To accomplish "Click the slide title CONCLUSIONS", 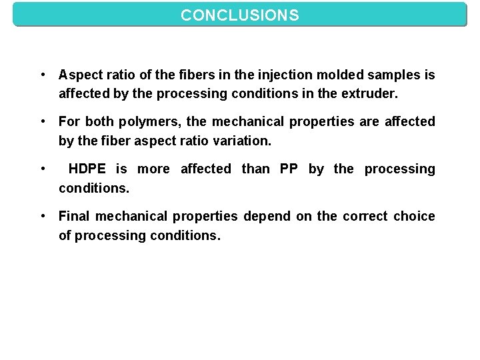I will click(240, 14).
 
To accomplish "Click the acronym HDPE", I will click(89, 169).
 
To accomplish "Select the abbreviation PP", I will click(289, 169).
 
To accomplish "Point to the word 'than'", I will click(255, 169).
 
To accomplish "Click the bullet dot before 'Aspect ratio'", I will click(42, 75).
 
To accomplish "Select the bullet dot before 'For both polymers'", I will click(42, 122).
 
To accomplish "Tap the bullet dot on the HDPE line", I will click(42, 169).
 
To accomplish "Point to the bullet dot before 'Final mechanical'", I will click(42, 216).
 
